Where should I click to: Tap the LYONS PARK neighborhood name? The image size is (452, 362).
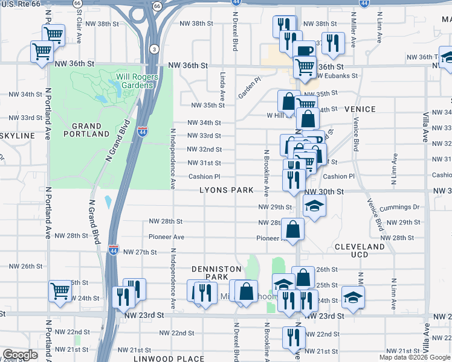pyautogui.click(x=227, y=191)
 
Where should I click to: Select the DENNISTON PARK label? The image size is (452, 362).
pyautogui.click(x=216, y=273)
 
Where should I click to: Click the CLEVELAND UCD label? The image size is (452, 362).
pyautogui.click(x=360, y=252)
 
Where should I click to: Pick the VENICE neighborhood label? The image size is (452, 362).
pyautogui.click(x=360, y=109)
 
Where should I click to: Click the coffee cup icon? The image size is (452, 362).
pyautogui.click(x=304, y=51)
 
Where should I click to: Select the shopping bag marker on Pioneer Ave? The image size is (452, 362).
pyautogui.click(x=293, y=229)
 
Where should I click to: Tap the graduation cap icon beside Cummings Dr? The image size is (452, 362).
pyautogui.click(x=314, y=206)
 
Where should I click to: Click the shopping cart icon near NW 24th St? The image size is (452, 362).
pyautogui.click(x=60, y=292)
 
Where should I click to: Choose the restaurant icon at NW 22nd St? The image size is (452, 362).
pyautogui.click(x=294, y=337)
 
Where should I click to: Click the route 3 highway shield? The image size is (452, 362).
pyautogui.click(x=155, y=49)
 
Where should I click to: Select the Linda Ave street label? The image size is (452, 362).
pyautogui.click(x=222, y=86)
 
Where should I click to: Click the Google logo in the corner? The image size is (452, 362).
pyautogui.click(x=20, y=355)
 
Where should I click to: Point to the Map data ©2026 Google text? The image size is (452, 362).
pyautogui.click(x=414, y=357)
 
